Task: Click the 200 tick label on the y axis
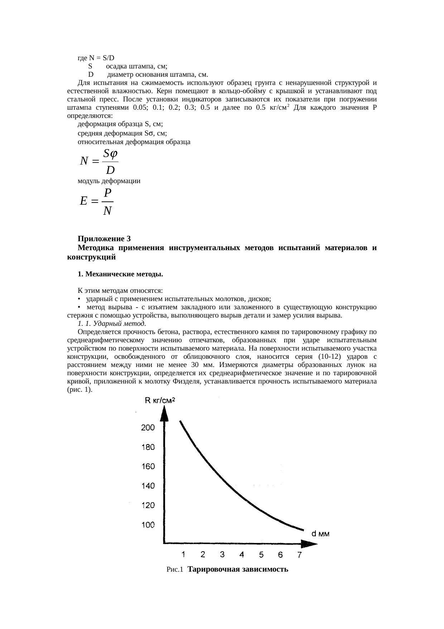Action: pyautogui.click(x=148, y=428)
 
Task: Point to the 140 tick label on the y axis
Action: pyautogui.click(x=148, y=486)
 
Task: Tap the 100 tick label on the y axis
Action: pyautogui.click(x=148, y=525)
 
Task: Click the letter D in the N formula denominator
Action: pyautogui.click(x=110, y=170)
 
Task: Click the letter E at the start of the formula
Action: pyautogui.click(x=84, y=201)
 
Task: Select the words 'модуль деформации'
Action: pyautogui.click(x=109, y=181)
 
